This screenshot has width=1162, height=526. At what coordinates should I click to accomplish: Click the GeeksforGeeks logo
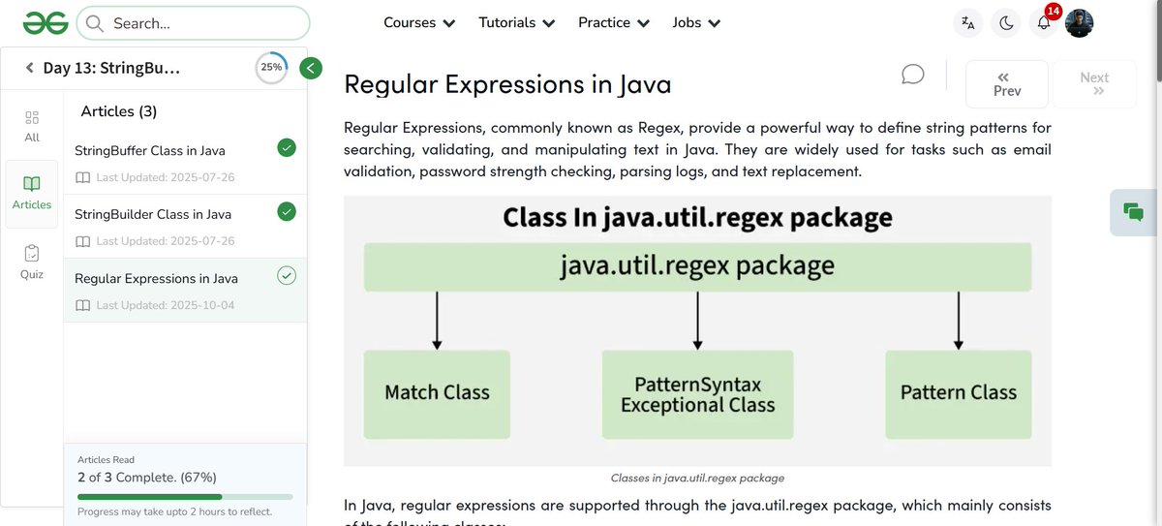click(45, 22)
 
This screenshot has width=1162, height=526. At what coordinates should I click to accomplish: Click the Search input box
click(194, 23)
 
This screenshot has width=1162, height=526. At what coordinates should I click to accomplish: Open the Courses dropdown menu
click(419, 22)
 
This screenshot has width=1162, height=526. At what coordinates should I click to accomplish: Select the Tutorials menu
click(517, 22)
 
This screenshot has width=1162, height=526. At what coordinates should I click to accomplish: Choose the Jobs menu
click(696, 22)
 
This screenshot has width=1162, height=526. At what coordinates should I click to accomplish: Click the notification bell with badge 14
click(1043, 23)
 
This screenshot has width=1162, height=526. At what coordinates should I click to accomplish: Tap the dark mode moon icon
click(1006, 23)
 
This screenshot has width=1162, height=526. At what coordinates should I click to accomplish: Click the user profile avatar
click(1080, 23)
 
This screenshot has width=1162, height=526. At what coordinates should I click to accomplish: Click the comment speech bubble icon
click(912, 75)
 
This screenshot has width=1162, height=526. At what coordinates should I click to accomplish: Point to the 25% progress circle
click(271, 68)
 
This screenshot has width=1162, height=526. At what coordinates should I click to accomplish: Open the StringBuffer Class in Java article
click(150, 151)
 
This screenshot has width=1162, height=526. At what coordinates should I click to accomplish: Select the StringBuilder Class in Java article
click(153, 214)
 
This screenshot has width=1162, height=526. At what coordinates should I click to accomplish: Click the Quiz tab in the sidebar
click(32, 262)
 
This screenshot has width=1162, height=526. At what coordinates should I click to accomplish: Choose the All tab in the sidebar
click(32, 126)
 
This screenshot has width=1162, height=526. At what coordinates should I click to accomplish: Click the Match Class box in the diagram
click(437, 393)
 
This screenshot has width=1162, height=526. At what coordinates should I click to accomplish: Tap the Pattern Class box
click(958, 393)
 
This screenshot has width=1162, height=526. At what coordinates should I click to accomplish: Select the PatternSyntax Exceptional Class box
click(697, 394)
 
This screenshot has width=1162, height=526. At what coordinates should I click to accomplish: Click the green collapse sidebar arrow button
click(311, 68)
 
